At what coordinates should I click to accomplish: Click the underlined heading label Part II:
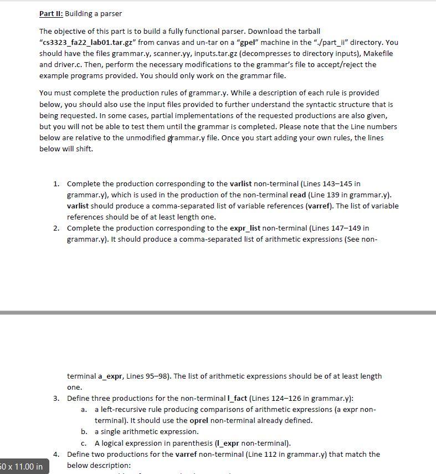(x=51, y=13)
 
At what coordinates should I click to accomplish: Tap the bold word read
(x=298, y=195)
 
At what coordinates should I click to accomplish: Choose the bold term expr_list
(x=245, y=228)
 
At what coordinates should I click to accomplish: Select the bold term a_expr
(x=110, y=376)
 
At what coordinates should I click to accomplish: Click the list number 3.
(x=56, y=398)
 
